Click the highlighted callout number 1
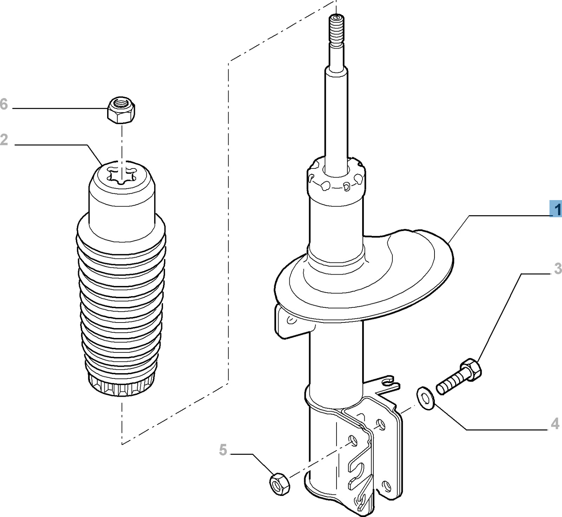[556, 210]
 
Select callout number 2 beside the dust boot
[4, 140]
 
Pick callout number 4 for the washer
[555, 424]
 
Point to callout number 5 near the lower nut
[223, 450]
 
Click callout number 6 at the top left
[4, 104]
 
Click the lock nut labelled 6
[121, 110]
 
